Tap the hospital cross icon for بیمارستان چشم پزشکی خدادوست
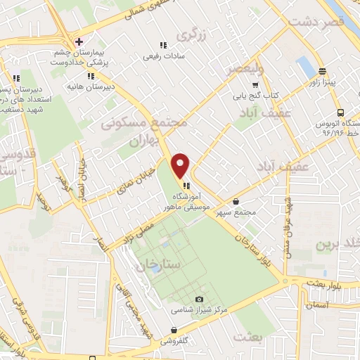pyautogui.click(x=79, y=41)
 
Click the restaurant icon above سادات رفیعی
pyautogui.click(x=163, y=45)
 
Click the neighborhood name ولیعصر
pyautogui.click(x=245, y=69)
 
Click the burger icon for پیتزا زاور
pyautogui.click(x=323, y=72)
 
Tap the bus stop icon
pyautogui.click(x=340, y=111)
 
